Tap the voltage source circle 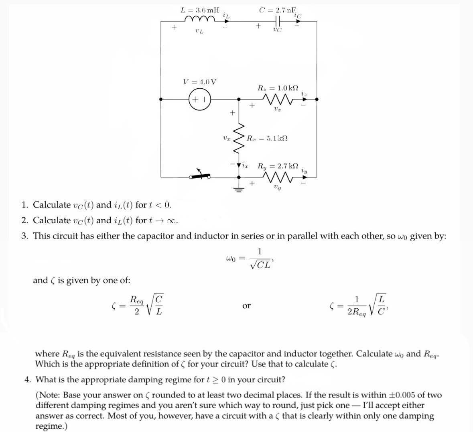[x=199, y=99]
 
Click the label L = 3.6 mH [x=200, y=10]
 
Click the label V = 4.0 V [x=199, y=82]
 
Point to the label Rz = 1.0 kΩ [x=278, y=88]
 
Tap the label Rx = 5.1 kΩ [x=267, y=139]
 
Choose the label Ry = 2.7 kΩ [x=278, y=166]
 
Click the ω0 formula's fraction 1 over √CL [x=260, y=259]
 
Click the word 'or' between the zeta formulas [x=246, y=306]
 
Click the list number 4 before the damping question [x=27, y=379]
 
